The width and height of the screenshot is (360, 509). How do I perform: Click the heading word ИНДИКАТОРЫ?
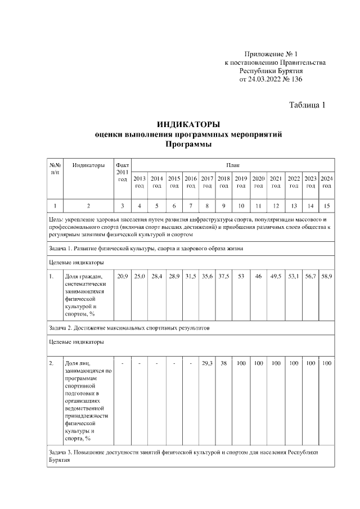point(188,124)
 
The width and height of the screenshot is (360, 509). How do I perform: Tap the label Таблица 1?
point(307,105)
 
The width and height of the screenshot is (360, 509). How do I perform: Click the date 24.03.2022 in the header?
point(265,79)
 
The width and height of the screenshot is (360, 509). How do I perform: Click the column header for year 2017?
point(207,181)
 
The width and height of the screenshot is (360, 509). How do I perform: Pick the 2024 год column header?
point(327,181)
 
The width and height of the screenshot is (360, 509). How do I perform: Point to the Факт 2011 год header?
point(122,172)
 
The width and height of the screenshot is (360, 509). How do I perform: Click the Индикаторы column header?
point(88,165)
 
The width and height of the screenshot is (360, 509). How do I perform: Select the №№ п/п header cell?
point(55,169)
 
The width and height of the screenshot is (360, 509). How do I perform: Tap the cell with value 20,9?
point(122,276)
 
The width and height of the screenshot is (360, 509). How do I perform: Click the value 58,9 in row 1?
point(327,276)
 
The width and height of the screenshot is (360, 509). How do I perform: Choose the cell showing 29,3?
point(207,363)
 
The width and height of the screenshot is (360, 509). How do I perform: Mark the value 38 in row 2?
point(223,363)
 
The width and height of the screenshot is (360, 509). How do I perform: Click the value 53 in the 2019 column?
point(241,276)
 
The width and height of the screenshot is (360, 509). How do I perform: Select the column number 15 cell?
point(327,205)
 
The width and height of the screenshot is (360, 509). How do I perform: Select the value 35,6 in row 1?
point(207,276)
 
